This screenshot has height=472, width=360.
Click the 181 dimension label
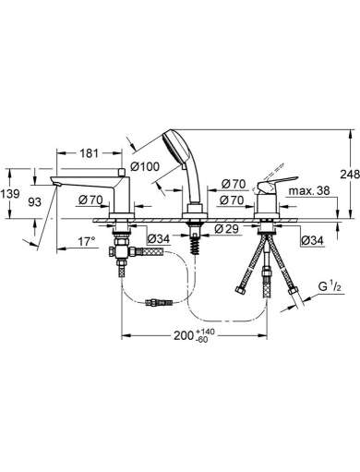click(x=90, y=153)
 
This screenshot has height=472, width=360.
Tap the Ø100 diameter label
click(x=145, y=167)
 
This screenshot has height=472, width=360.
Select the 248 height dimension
click(x=350, y=175)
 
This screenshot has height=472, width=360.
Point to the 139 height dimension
click(x=10, y=194)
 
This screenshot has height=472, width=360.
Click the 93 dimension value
click(x=34, y=202)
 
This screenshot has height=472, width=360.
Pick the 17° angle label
click(x=86, y=241)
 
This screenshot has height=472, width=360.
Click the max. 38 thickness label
click(x=309, y=191)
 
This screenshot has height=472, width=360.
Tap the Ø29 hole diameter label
click(x=227, y=229)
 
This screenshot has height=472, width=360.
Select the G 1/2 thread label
click(x=330, y=287)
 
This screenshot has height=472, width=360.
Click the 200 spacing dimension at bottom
click(x=184, y=335)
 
